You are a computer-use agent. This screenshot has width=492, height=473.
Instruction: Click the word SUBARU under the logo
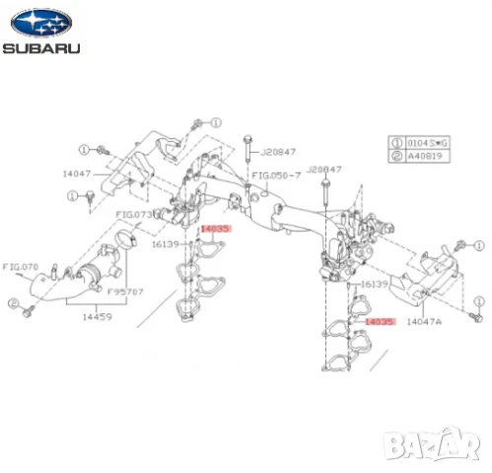pyautogui.click(x=41, y=46)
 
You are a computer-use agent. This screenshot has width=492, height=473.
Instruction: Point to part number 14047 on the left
pyautogui.click(x=76, y=173)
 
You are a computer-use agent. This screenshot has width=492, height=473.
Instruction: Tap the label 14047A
pyautogui.click(x=426, y=320)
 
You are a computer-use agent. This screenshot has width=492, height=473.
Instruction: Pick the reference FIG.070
pyautogui.click(x=20, y=266)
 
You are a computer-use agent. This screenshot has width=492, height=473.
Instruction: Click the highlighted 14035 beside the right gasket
pyautogui.click(x=380, y=321)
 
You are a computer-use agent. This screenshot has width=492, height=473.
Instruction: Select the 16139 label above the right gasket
pyautogui.click(x=375, y=284)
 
